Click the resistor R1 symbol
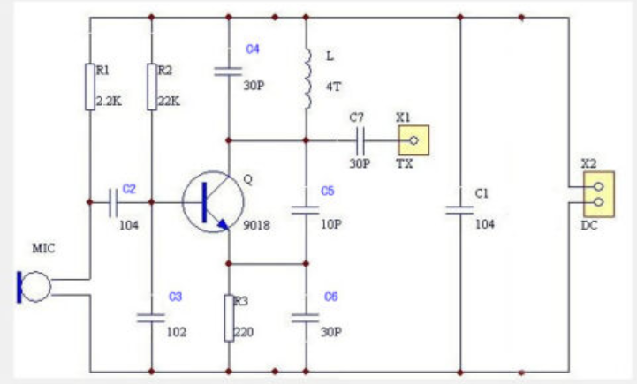pyautogui.click(x=89, y=87)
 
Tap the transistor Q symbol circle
pyautogui.click(x=209, y=202)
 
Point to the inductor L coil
pyautogui.click(x=307, y=79)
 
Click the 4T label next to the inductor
pyautogui.click(x=333, y=87)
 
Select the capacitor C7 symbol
pyautogui.click(x=360, y=139)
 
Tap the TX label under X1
pyautogui.click(x=405, y=164)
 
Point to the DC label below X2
pyautogui.click(x=589, y=226)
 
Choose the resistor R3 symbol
pyautogui.click(x=229, y=318)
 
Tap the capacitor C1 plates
pyautogui.click(x=459, y=210)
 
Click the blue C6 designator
pyautogui.click(x=331, y=297)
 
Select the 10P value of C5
pyautogui.click(x=331, y=224)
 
